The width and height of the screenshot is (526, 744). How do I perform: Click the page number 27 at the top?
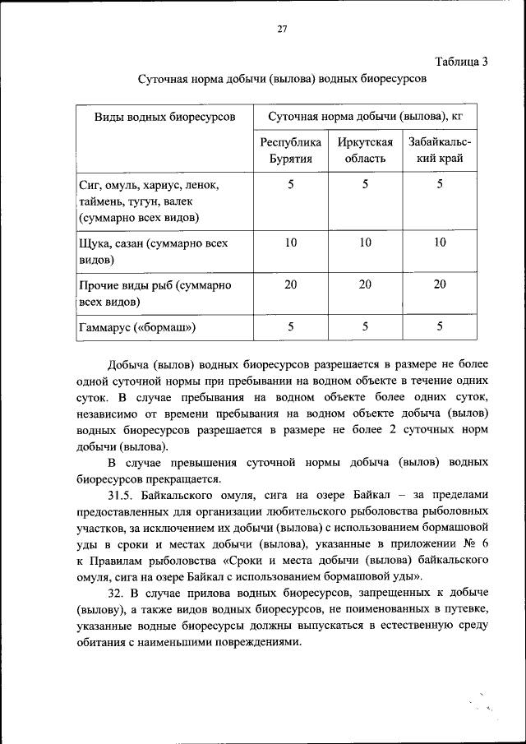[280, 30]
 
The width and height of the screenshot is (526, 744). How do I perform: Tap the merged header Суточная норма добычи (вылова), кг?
[366, 118]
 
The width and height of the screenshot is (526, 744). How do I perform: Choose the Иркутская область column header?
[364, 150]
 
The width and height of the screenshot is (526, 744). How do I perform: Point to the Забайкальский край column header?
[440, 150]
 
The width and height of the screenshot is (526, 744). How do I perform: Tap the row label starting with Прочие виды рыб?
[155, 293]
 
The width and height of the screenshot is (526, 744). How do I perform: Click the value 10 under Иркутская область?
[364, 243]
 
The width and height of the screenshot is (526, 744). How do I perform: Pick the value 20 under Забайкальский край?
[440, 284]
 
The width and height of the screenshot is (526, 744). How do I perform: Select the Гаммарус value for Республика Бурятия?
[290, 327]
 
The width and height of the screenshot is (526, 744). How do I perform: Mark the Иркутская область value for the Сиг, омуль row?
[364, 184]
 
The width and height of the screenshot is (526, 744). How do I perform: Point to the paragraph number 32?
[116, 592]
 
